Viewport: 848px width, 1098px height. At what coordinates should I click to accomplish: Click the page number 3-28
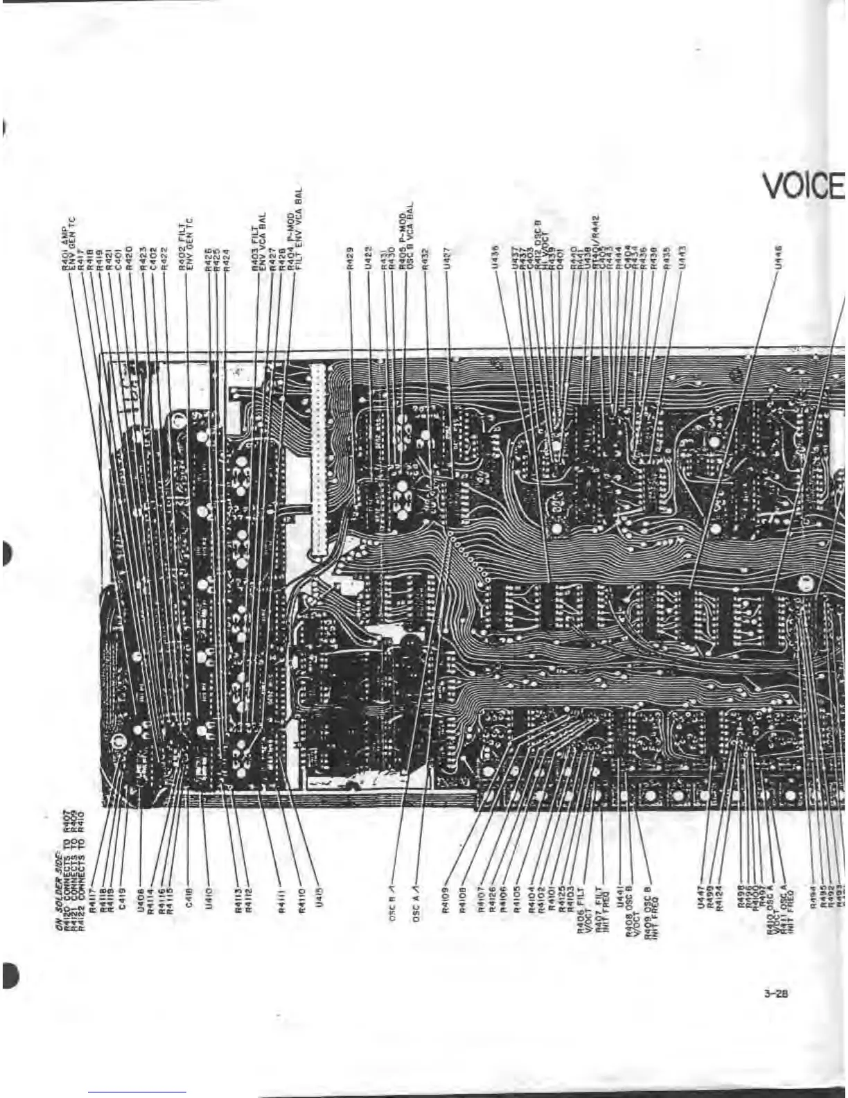(776, 993)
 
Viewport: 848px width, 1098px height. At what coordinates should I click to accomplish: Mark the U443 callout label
(682, 256)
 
